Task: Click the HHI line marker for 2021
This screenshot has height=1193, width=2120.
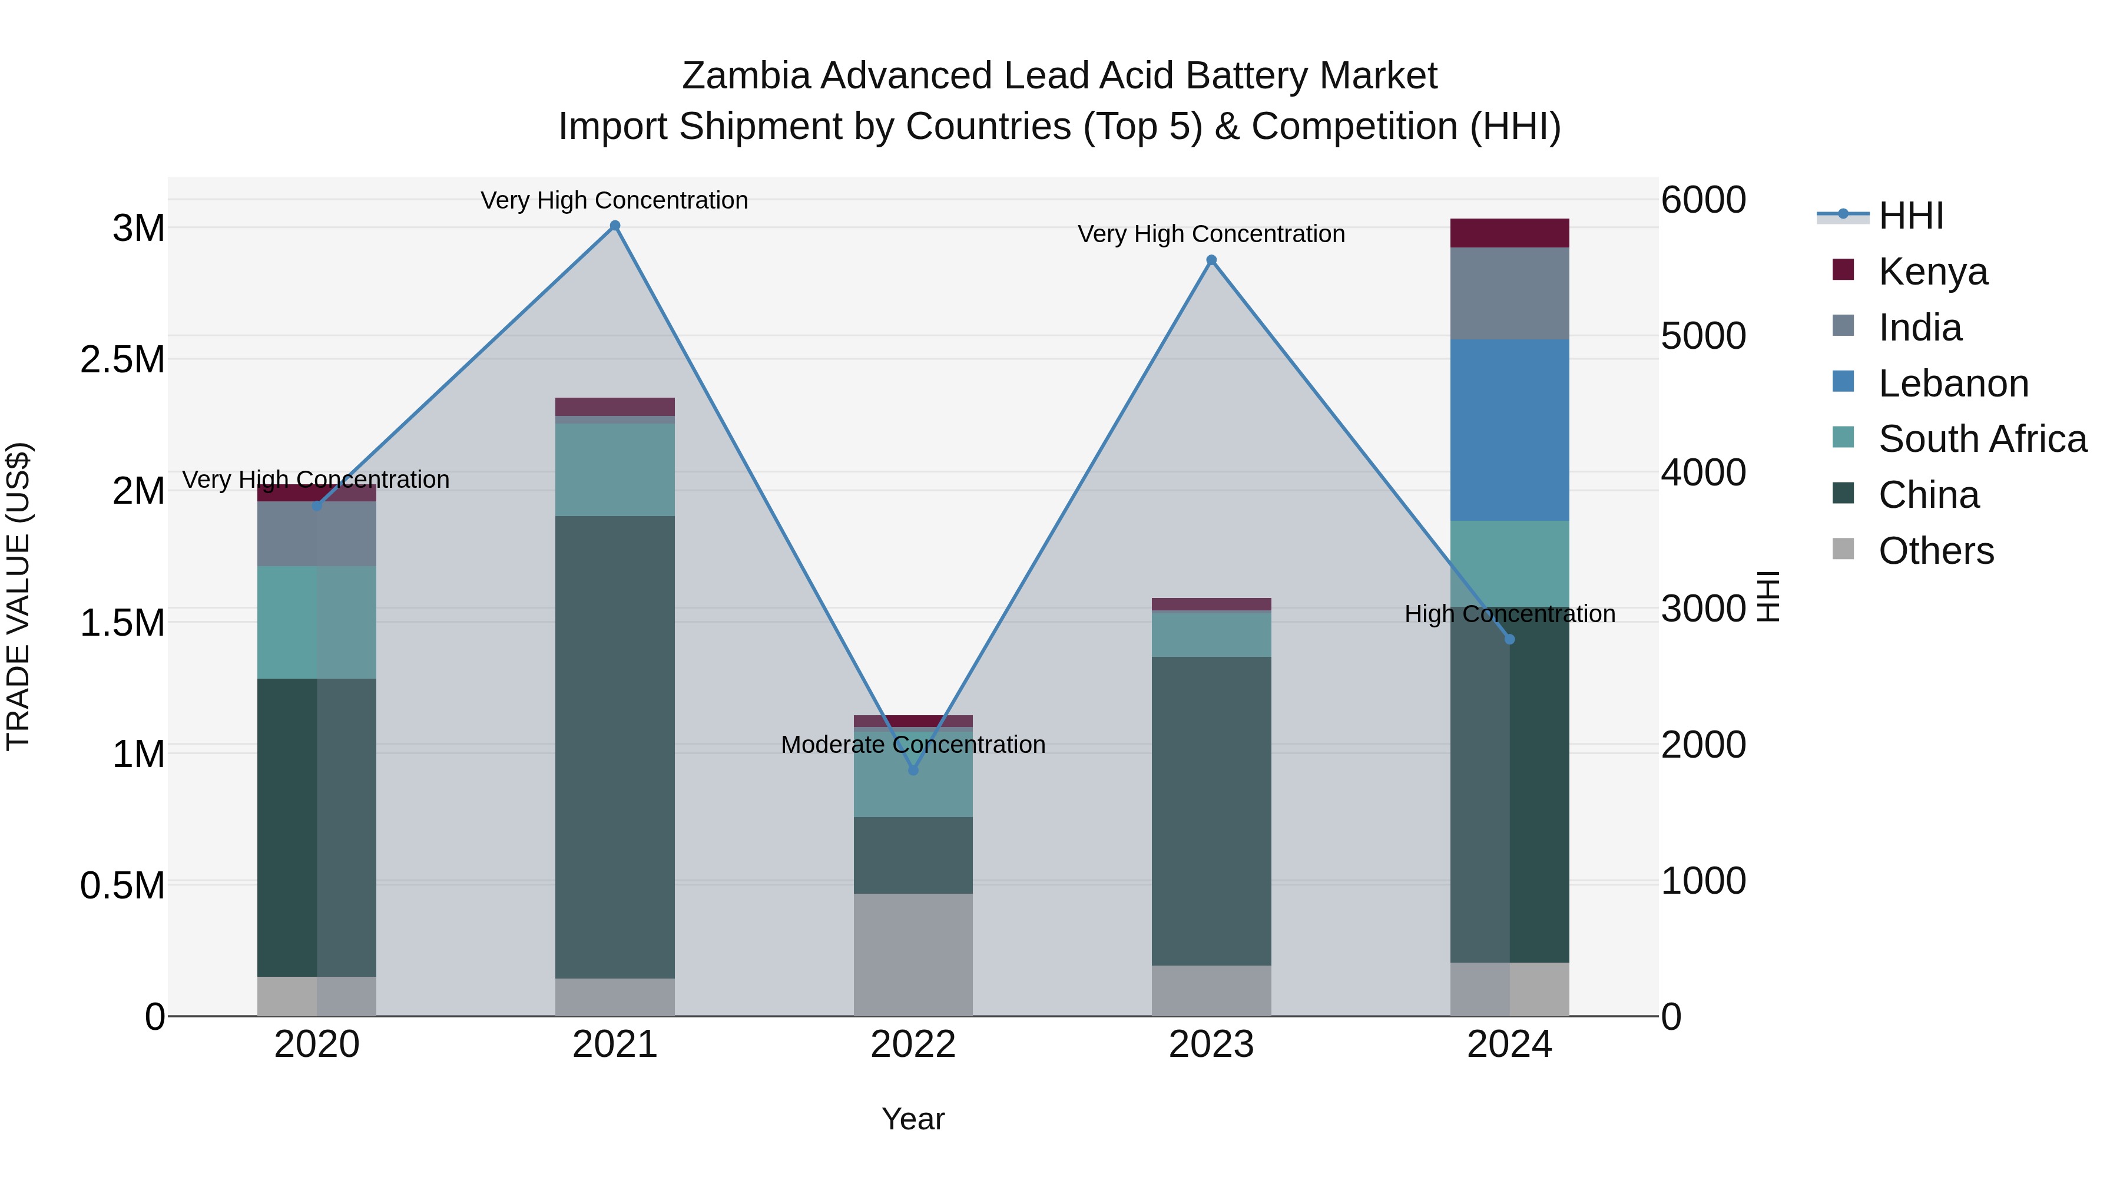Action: (615, 226)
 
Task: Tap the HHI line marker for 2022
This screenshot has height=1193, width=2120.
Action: (913, 770)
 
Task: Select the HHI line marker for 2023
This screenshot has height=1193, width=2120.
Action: (1211, 260)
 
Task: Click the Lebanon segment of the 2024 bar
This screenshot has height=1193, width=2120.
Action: (1509, 430)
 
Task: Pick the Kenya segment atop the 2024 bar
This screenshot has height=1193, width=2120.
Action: (1509, 233)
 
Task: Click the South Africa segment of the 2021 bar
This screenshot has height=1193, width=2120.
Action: (615, 470)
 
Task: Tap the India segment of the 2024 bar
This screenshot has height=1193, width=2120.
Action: (1509, 293)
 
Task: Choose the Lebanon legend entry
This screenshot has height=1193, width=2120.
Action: (1952, 384)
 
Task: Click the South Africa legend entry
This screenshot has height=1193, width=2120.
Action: (1982, 439)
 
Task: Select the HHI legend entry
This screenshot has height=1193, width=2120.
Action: (1910, 216)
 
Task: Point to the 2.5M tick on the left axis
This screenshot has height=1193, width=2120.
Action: (122, 360)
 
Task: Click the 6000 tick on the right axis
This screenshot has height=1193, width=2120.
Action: (1702, 200)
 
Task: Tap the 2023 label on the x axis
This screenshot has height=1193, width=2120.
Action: (1211, 1045)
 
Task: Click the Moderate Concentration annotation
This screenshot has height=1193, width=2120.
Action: (913, 744)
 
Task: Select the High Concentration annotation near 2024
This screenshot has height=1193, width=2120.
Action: (1509, 614)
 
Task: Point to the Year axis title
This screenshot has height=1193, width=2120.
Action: (913, 1119)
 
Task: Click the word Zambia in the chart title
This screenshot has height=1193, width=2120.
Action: (746, 76)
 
